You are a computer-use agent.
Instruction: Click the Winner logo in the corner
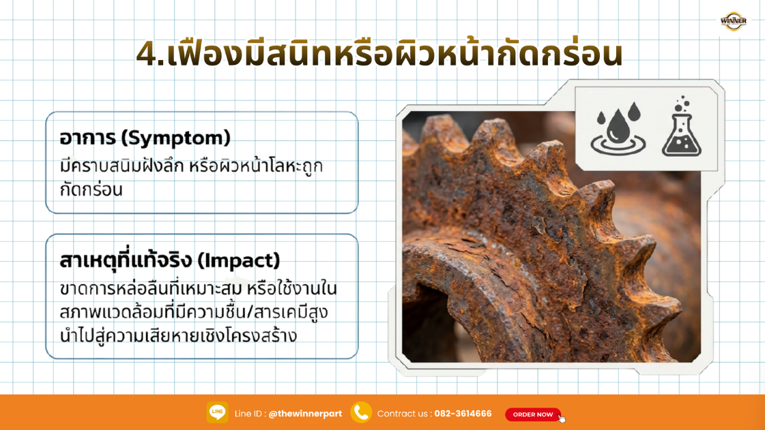pos(733,21)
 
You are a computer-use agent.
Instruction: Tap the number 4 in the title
pos(146,54)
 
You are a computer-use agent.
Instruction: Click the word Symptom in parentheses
pos(175,138)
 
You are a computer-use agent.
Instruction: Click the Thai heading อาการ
pos(87,138)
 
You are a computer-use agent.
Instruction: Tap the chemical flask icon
pos(681,134)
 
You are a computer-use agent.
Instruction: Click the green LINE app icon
pos(217,412)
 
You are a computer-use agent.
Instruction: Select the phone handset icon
pos(360,412)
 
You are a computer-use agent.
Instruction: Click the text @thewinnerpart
pos(305,414)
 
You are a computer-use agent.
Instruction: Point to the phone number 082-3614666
pos(463,414)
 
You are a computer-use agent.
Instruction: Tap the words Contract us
pos(403,414)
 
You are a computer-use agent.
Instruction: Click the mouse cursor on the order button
pos(562,418)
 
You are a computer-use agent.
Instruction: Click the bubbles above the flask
pos(682,104)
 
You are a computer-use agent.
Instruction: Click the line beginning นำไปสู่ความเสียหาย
pos(178,335)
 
